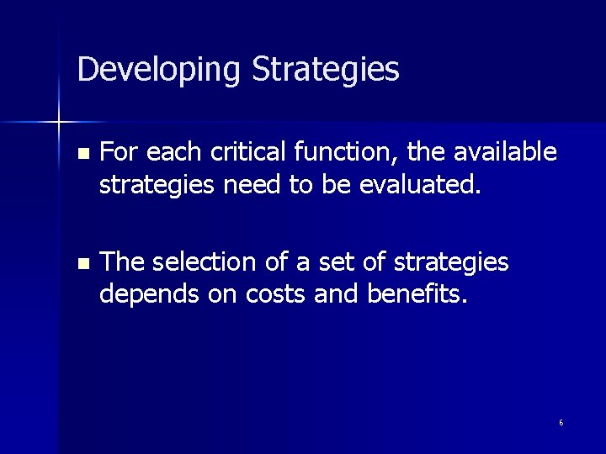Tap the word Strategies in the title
tap(326, 70)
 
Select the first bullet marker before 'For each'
tap(82, 155)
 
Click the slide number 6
tap(561, 423)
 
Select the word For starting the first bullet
tap(117, 152)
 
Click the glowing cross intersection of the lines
tap(59, 123)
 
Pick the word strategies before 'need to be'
tap(157, 184)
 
